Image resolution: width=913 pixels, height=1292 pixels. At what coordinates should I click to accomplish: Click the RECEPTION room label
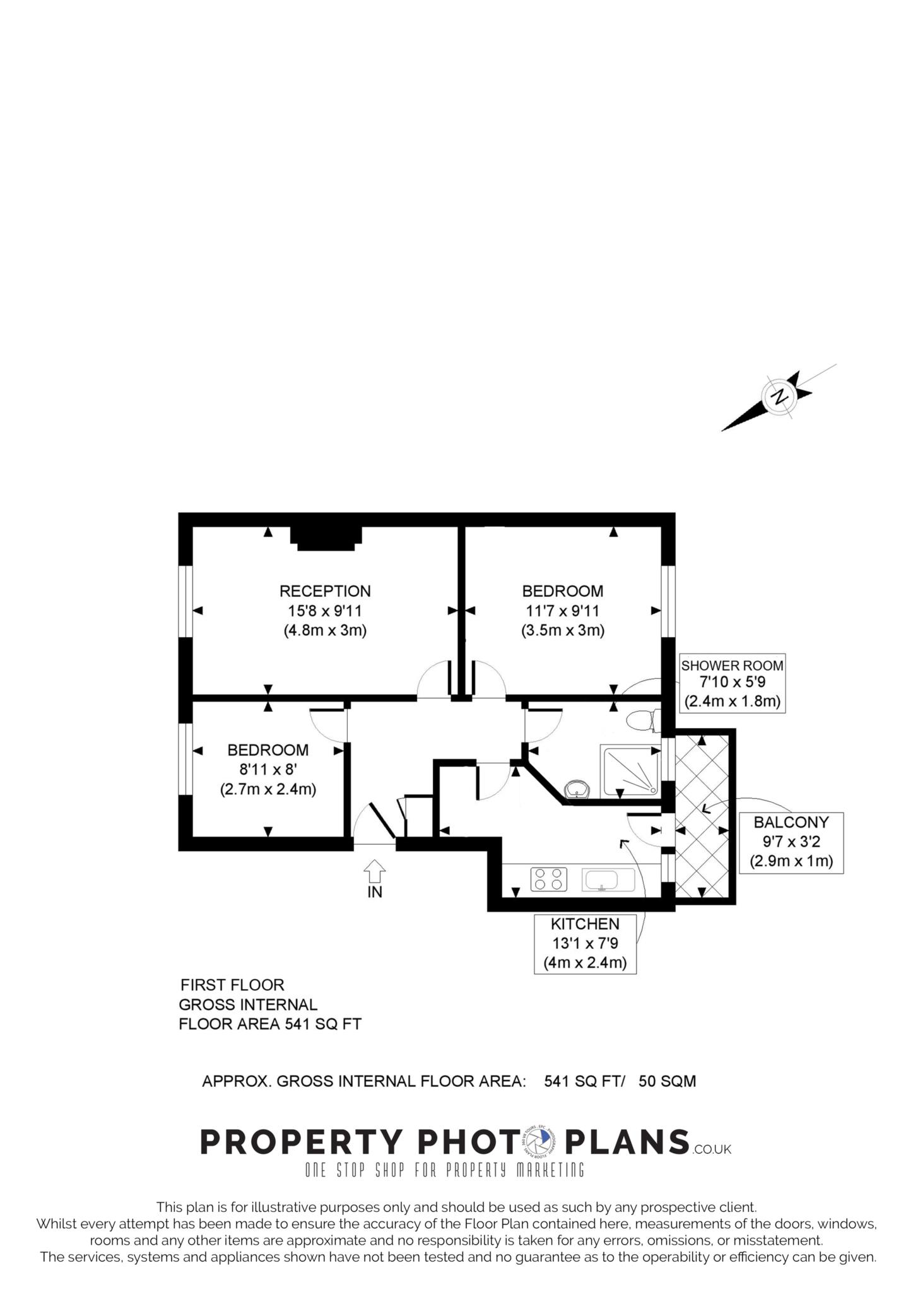pyautogui.click(x=325, y=591)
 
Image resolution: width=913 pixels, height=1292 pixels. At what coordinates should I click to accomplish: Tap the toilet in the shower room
pyautogui.click(x=643, y=720)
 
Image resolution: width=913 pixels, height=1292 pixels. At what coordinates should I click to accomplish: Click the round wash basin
pyautogui.click(x=577, y=789)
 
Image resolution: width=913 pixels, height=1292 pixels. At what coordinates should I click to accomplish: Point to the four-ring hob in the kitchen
pyautogui.click(x=549, y=879)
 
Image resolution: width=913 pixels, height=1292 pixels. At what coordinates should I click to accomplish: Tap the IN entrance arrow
pyautogui.click(x=374, y=871)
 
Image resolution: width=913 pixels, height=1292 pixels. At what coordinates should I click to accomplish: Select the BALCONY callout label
pyautogui.click(x=791, y=842)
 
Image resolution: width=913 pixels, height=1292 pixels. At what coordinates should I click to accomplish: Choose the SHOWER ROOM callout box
pyautogui.click(x=732, y=683)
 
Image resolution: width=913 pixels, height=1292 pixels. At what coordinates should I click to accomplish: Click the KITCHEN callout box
pyautogui.click(x=585, y=944)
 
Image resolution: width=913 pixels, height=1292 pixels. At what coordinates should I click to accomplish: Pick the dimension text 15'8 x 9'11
pyautogui.click(x=325, y=611)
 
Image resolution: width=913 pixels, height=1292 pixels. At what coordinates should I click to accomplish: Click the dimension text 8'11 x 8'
pyautogui.click(x=268, y=770)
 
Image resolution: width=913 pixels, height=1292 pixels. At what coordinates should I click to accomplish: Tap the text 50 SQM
pyautogui.click(x=667, y=1081)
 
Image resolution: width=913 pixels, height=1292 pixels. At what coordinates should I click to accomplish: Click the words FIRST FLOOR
pyautogui.click(x=232, y=985)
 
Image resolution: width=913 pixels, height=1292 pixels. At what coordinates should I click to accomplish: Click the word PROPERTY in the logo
pyautogui.click(x=302, y=1142)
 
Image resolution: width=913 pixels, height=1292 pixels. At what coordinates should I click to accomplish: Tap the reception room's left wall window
pyautogui.click(x=186, y=602)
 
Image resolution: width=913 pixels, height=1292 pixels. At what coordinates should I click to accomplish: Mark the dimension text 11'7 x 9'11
pyautogui.click(x=563, y=611)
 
